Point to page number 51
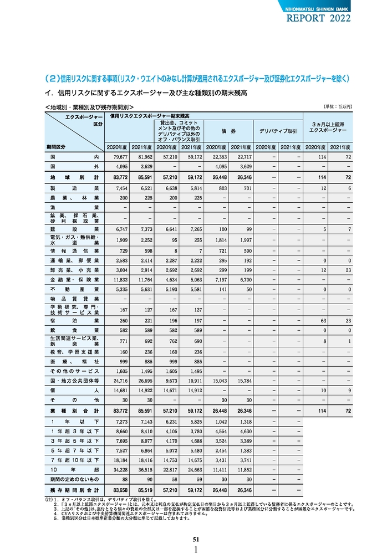pyautogui.click(x=196, y=539)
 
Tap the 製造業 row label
pyautogui.click(x=74, y=188)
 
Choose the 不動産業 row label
pyautogui.click(x=74, y=289)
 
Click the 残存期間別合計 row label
pyautogui.click(x=74, y=490)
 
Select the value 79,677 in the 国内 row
pyautogui.click(x=120, y=157)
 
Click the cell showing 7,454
pyautogui.click(x=120, y=188)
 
